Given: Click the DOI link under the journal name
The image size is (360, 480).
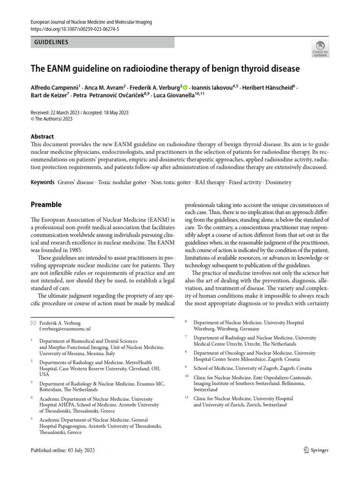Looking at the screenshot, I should [75, 29].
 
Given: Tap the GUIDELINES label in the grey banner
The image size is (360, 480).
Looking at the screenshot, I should [52, 42].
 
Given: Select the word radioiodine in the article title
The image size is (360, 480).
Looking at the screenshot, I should [153, 69].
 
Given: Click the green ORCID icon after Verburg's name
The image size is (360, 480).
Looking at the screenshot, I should [185, 87].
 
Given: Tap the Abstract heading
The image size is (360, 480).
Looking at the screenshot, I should [42, 136].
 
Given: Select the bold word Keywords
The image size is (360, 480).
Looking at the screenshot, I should [42, 182].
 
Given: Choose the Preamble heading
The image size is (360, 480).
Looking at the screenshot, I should [46, 205].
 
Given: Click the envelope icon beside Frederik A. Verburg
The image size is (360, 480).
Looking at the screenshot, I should [32, 323].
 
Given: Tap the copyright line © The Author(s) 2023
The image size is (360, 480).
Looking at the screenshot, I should [52, 119].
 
